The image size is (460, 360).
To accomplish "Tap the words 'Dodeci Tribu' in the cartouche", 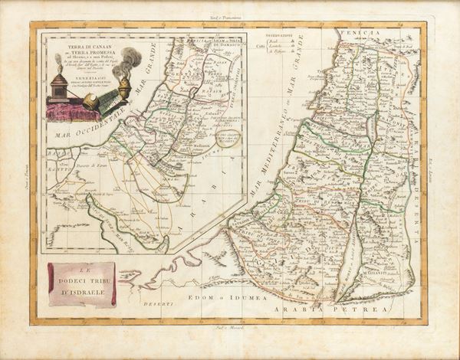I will [82, 280].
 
